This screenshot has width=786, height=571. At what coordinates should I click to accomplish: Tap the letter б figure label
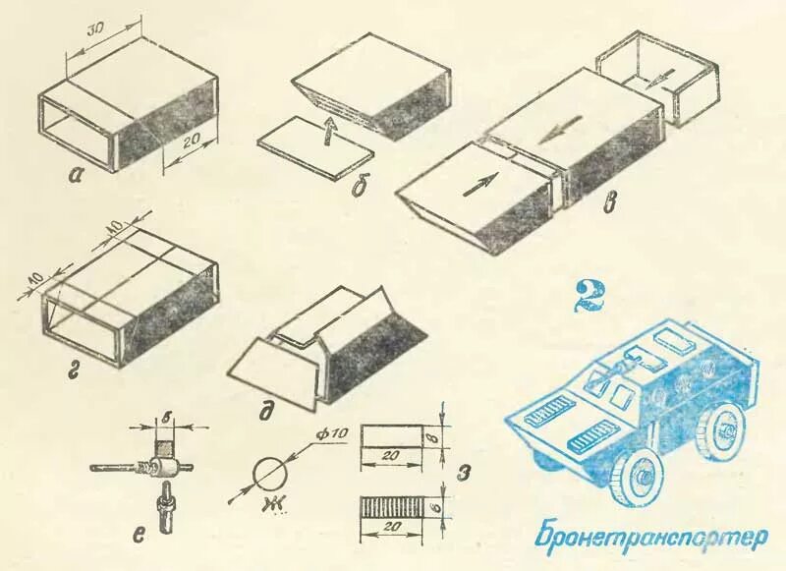click(360, 181)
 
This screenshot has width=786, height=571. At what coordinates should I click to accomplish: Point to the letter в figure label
click(610, 203)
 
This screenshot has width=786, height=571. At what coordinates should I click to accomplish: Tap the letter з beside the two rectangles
click(464, 479)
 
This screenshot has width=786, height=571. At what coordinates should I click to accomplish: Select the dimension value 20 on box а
click(191, 143)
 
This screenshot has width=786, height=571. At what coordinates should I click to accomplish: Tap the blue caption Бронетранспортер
click(649, 538)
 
